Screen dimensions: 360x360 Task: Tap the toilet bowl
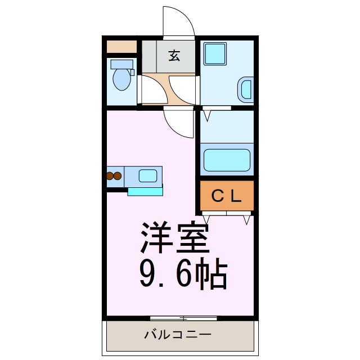click(x=121, y=80)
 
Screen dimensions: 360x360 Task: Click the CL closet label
click(x=226, y=196)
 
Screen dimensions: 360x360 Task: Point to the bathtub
click(x=227, y=160)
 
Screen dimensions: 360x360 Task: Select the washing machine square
click(x=214, y=54)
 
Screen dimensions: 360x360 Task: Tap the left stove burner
click(x=110, y=175)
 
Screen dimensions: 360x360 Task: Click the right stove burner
click(x=118, y=175)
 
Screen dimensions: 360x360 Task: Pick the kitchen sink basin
click(x=148, y=175)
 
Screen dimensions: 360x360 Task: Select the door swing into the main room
click(x=179, y=123)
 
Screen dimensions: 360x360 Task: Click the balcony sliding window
click(x=184, y=318)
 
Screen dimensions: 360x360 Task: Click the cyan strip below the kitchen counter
click(x=145, y=191)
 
